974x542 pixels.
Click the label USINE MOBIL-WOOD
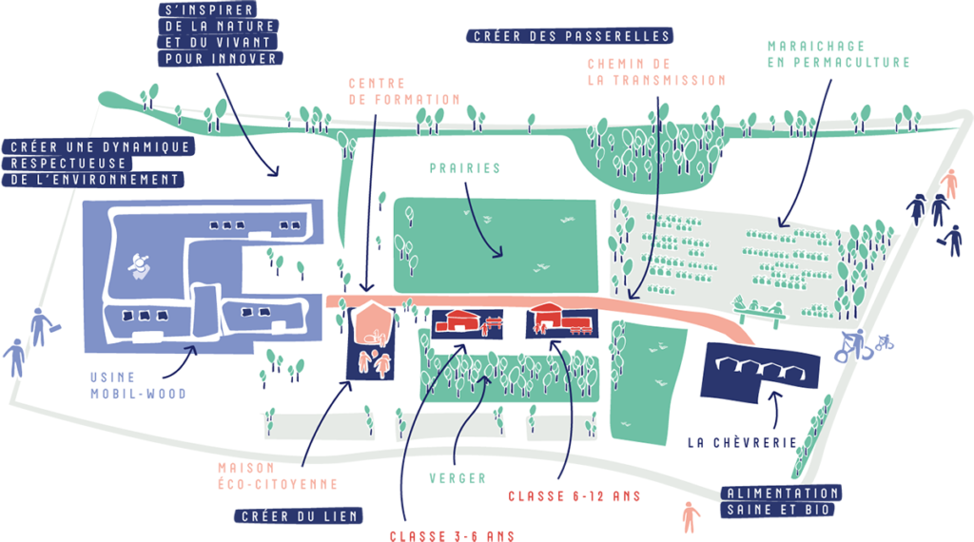(x=138, y=385)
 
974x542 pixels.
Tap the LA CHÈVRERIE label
(x=742, y=443)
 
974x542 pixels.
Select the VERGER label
(x=458, y=478)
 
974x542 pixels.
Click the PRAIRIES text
(x=464, y=168)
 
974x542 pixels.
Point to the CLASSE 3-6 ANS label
(x=452, y=535)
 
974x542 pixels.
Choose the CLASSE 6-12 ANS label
(x=575, y=496)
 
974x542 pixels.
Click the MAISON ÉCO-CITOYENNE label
(x=278, y=476)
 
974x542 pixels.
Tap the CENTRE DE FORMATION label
(x=403, y=91)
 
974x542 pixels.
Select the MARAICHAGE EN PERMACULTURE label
(x=839, y=54)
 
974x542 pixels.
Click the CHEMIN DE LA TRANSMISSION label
(x=656, y=72)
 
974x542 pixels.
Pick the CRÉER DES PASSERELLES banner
(x=570, y=36)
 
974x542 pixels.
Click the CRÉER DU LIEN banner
(x=299, y=516)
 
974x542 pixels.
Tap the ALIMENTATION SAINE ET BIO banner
(x=782, y=502)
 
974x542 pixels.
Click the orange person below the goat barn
(x=691, y=517)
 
